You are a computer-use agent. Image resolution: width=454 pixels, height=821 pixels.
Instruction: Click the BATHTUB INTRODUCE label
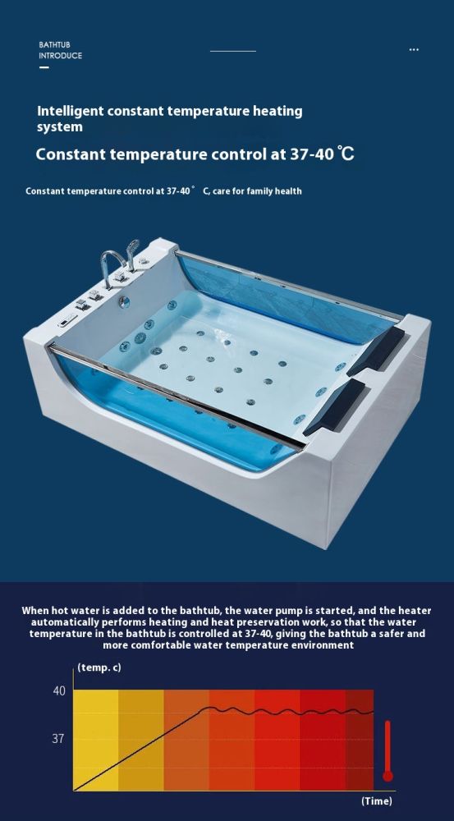coord(60,50)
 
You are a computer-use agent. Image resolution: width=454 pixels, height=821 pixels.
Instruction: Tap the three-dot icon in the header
coord(414,50)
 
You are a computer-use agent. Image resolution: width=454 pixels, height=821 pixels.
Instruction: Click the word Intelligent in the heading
coord(70,112)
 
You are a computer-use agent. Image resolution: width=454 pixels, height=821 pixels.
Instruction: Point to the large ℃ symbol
coord(346,154)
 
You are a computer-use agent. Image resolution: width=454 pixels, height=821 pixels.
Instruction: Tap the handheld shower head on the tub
coord(132,251)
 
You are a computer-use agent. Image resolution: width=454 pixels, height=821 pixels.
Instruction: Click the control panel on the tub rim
coord(67,320)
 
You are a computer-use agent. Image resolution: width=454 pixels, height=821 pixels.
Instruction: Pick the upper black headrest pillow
coord(376,351)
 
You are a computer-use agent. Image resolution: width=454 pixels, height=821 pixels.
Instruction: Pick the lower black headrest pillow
coord(335,406)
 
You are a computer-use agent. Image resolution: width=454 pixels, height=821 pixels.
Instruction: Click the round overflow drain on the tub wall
coord(124,301)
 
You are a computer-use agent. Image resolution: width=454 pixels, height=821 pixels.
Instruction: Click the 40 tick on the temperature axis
coord(59,691)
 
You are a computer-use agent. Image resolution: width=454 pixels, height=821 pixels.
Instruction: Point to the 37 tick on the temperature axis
coord(58,739)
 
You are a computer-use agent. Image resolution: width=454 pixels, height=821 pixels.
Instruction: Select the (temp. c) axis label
coord(99,667)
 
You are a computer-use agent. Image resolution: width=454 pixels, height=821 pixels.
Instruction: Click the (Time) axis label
coord(377,801)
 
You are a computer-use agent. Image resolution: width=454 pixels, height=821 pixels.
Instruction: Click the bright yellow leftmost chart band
coord(96,740)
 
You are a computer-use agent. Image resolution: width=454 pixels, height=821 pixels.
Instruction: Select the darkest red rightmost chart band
coord(360,740)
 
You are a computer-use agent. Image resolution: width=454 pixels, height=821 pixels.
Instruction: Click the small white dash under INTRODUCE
coord(44,67)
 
